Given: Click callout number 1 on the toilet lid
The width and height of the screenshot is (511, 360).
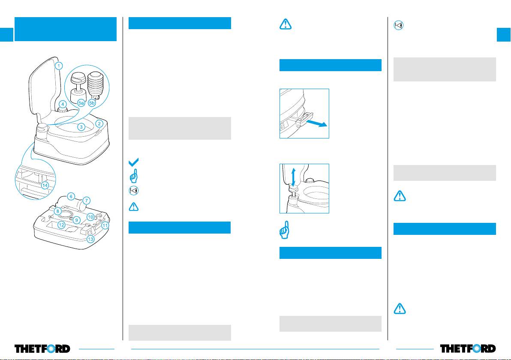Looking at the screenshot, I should click(59, 66).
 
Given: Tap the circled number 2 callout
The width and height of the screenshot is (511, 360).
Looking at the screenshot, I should click(99, 124).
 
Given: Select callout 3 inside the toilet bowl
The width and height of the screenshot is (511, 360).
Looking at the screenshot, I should click(81, 127).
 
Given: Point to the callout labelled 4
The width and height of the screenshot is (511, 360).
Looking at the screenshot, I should click(63, 104).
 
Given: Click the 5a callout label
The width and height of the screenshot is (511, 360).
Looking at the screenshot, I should click(81, 103).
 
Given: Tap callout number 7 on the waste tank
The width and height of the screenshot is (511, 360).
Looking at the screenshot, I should click(86, 200).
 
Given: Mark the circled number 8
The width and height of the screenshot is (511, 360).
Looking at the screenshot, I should click(57, 211).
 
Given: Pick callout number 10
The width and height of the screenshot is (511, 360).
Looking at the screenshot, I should click(90, 217).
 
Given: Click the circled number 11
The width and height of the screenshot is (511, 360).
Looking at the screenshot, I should click(105, 225).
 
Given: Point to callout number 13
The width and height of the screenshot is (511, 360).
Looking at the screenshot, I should click(90, 239).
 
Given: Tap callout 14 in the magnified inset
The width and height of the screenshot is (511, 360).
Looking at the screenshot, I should click(45, 185).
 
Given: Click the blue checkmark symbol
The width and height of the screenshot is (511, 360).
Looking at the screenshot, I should click(133, 162).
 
